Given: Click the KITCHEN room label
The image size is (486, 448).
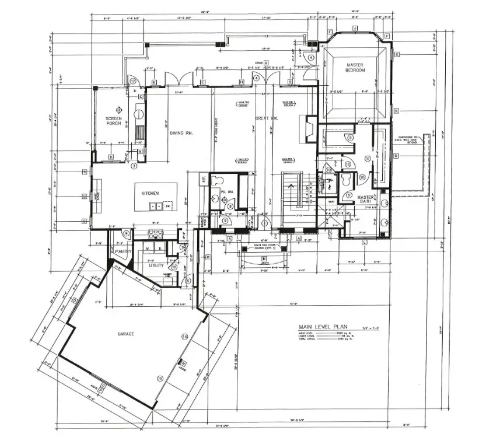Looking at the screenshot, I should pyautogui.click(x=149, y=192).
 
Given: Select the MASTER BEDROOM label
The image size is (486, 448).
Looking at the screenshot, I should pyautogui.click(x=355, y=68).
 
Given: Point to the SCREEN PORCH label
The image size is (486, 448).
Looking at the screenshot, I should pyautogui.click(x=113, y=121).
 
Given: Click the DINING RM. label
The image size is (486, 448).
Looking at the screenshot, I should pyautogui.click(x=181, y=133).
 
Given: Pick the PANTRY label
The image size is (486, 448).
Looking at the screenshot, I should pyautogui.click(x=123, y=251).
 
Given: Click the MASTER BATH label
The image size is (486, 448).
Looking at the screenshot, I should pyautogui.click(x=365, y=199).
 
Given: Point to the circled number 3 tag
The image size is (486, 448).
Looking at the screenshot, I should pyautogui.click(x=134, y=166).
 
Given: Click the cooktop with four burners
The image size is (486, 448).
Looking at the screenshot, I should pyautogui.click(x=156, y=233).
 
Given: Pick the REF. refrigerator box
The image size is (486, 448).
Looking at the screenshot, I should pyautogui.click(x=204, y=179).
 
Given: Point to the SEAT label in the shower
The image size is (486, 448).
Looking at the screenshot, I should pyautogui.click(x=331, y=202).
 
